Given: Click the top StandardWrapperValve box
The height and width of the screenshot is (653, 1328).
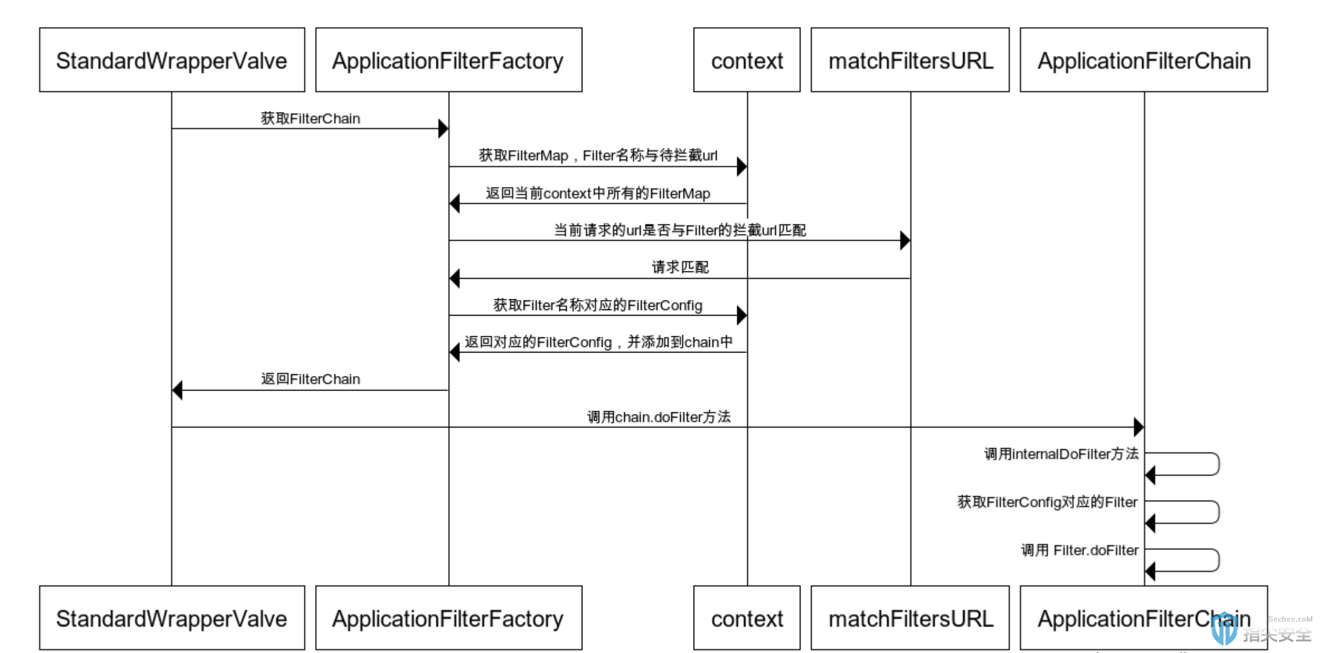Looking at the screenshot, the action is (x=172, y=60).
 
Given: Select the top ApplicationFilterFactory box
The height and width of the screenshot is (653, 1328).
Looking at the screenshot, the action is (x=449, y=60).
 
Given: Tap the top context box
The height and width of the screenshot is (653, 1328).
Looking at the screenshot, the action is (x=747, y=60).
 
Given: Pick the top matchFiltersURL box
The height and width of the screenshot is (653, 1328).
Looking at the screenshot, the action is (x=910, y=60).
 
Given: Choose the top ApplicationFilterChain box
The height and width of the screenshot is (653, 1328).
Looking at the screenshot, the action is (x=1144, y=60).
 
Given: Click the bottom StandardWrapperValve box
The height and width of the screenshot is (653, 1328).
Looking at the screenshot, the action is (x=172, y=618).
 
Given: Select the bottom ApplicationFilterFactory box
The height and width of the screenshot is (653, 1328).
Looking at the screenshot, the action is (x=449, y=618).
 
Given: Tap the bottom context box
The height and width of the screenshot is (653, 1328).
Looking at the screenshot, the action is (x=747, y=618).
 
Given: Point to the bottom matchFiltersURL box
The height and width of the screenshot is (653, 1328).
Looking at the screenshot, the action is (x=910, y=618).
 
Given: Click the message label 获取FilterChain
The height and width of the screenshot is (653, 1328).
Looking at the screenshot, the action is (x=310, y=119).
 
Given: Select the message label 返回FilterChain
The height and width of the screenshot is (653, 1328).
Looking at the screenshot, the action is (x=310, y=379).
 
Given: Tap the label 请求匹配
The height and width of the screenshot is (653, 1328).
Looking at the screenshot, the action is (x=680, y=267).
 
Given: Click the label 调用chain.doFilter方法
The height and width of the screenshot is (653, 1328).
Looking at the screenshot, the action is (x=659, y=417).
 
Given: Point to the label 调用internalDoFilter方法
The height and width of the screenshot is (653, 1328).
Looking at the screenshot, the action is (x=1061, y=454).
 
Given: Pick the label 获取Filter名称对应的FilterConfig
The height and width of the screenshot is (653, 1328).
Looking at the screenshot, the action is (x=597, y=305).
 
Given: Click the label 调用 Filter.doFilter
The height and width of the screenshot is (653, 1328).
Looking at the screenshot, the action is (x=1080, y=550).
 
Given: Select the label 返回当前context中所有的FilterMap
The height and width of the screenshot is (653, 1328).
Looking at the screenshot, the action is (x=598, y=193).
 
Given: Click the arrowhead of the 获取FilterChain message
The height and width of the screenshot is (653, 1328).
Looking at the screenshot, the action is (x=443, y=129).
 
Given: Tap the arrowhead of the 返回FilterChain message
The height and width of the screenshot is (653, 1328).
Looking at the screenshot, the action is (x=177, y=390).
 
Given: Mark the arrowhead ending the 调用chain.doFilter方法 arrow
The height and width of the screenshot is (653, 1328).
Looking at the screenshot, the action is (x=1139, y=427).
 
